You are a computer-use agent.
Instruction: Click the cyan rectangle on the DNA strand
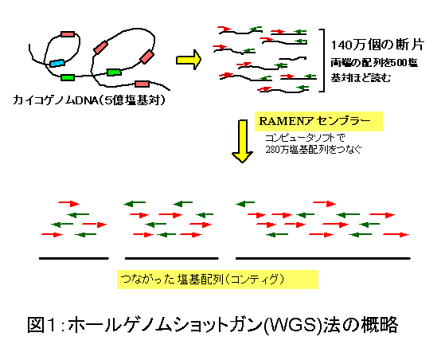[57, 63]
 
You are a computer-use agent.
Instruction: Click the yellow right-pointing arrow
[189, 60]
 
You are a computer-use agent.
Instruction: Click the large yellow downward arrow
[242, 141]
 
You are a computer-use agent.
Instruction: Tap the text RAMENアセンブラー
[315, 122]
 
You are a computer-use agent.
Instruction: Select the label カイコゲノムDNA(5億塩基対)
[89, 100]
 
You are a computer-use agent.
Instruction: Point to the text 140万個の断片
[377, 45]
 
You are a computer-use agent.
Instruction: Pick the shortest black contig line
[74, 258]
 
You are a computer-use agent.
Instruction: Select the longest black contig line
[323, 258]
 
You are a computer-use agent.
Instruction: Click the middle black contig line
[172, 258]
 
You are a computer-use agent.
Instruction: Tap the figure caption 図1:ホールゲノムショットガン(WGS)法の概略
[213, 324]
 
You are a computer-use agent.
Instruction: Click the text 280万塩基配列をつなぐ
[314, 150]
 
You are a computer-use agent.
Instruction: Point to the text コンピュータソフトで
[305, 139]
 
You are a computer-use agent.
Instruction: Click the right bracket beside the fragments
[322, 61]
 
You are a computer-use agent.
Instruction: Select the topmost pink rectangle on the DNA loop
[68, 34]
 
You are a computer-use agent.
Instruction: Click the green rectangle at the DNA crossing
[114, 72]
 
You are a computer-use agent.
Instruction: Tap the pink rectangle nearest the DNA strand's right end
[142, 84]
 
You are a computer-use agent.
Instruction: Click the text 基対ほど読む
[361, 77]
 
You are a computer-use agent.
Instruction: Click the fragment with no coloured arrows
[293, 59]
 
